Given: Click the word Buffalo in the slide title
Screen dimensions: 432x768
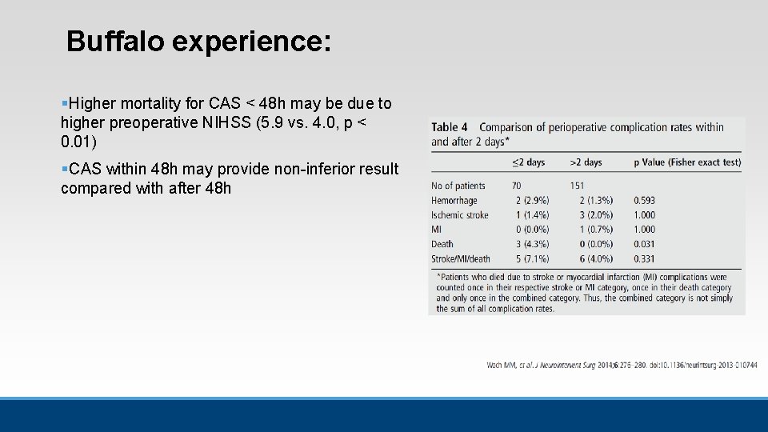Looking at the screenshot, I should [115, 42].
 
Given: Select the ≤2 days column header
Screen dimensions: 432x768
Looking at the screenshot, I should [528, 162].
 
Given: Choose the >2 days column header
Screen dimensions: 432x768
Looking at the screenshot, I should [586, 162].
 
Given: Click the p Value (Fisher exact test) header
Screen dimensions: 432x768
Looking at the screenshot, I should [687, 162].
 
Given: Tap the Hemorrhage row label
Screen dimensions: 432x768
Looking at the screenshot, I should [454, 201].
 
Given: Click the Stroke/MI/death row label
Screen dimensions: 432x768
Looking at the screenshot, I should [461, 258].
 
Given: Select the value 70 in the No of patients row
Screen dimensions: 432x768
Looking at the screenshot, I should [518, 186].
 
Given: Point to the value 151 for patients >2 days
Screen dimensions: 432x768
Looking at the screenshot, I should [578, 186].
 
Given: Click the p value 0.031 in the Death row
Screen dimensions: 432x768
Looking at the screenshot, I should [645, 244].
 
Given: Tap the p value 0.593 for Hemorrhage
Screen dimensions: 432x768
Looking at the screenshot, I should [645, 201].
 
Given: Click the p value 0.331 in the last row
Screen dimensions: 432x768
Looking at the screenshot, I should [645, 258].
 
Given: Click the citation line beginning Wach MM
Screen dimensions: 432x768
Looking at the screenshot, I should [622, 366].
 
